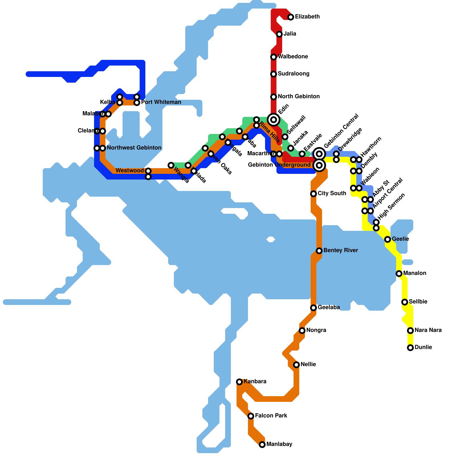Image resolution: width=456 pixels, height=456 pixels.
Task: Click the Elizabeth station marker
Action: (290, 17)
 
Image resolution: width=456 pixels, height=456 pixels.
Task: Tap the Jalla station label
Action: (290, 34)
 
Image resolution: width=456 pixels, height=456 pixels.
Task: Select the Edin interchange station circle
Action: (274, 119)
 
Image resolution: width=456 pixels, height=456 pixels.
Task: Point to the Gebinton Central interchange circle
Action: (319, 154)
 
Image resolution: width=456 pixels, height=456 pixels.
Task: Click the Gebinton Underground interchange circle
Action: (319, 165)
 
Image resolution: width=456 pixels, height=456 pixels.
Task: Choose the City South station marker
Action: (313, 194)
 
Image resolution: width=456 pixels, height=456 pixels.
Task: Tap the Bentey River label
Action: (341, 251)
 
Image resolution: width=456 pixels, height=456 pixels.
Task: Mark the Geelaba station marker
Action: (313, 308)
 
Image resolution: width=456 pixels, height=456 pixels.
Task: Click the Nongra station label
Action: (316, 330)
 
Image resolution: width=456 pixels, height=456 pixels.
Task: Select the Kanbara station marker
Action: (239, 382)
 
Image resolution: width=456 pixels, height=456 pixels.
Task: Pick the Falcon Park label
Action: (271, 416)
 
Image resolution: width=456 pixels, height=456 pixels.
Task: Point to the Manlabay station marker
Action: (262, 445)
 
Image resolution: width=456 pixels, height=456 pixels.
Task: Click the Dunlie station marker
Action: (410, 348)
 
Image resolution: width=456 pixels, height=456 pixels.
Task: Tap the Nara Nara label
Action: (428, 330)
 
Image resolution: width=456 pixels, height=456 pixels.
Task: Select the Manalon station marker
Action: (399, 274)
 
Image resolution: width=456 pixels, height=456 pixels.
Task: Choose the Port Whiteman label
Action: (161, 102)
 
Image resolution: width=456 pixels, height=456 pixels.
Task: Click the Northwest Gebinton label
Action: (134, 148)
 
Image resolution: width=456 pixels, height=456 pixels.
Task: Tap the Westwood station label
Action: (130, 171)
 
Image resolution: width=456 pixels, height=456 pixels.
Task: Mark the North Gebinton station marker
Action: (274, 97)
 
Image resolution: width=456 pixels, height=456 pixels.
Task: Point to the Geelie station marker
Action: (388, 239)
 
